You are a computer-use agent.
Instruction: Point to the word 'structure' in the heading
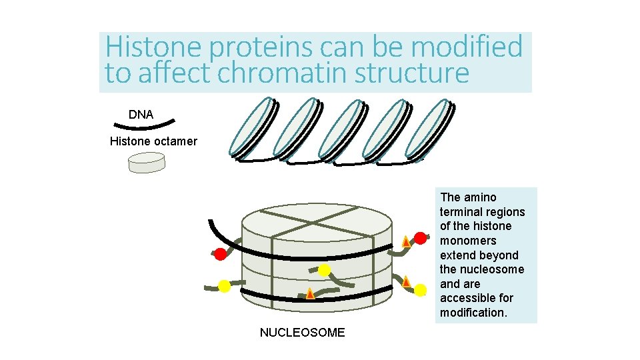pos(411,73)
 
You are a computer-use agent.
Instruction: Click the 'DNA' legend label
pos(141,115)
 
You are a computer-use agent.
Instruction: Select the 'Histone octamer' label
pos(153,141)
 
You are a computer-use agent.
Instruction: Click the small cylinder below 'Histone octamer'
pos(146,163)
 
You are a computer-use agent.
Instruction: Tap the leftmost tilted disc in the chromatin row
pos(251,128)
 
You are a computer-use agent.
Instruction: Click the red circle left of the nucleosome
pos(220,254)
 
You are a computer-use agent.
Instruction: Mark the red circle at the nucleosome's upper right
pos(421,238)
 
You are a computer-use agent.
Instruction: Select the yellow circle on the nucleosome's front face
pos(324,270)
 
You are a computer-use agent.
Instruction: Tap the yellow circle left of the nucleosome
pos(225,286)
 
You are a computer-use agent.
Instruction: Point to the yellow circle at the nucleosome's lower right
pos(421,290)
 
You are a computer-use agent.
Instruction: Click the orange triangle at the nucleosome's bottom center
pos(310,293)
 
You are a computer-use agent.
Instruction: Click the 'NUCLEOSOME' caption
pos(302,333)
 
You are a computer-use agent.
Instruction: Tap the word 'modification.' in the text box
pos(473,313)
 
